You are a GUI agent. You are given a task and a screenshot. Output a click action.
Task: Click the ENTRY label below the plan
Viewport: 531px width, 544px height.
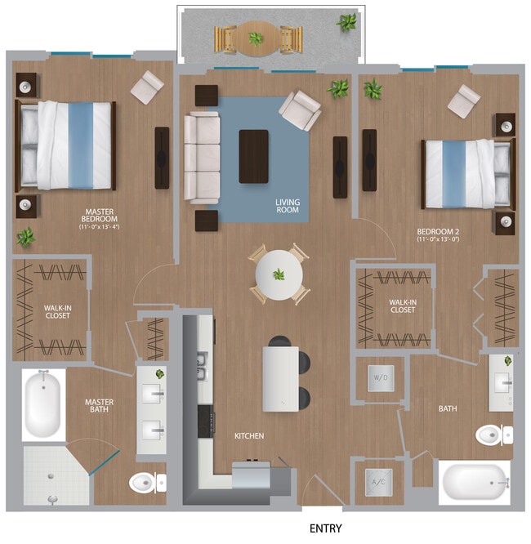pos(325,528)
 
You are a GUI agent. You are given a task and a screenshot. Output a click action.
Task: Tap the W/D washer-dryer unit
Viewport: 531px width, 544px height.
pos(380,378)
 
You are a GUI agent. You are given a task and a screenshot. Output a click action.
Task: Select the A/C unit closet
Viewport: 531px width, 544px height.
pos(379,483)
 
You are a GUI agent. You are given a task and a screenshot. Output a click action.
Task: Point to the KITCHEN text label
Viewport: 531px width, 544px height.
pos(249,436)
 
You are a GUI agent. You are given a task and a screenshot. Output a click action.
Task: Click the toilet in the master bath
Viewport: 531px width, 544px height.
pos(147,483)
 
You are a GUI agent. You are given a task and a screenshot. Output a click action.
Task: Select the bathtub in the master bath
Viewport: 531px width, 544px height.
pos(42,405)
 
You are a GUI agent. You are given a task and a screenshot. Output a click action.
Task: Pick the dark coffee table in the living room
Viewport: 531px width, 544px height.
pos(253,156)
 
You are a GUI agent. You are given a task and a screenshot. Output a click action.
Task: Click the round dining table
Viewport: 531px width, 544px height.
pos(279,274)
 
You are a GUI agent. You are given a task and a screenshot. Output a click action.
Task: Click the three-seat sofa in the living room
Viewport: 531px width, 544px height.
pos(202,158)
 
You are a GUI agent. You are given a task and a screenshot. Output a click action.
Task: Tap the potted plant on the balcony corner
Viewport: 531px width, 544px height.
pos(346,22)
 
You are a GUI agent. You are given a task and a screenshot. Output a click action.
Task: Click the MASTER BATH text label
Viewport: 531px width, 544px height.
pos(100,406)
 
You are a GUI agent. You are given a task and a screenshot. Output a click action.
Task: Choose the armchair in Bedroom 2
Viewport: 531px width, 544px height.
pos(463,100)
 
